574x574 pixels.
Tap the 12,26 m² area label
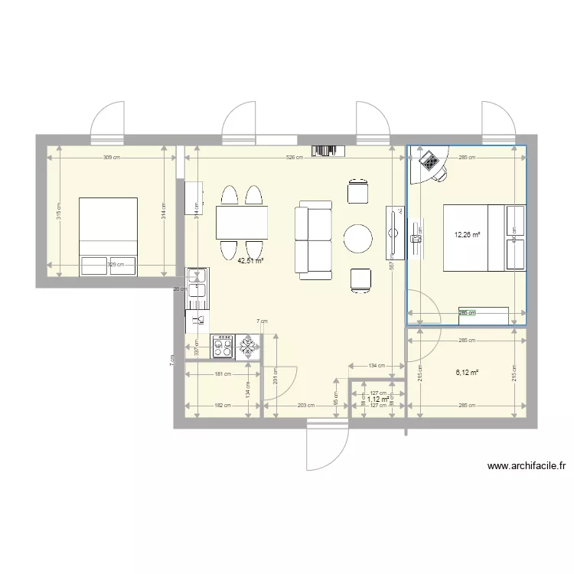pos(467,235)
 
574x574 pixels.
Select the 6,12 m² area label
pos(467,373)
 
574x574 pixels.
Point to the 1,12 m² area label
pos(378,399)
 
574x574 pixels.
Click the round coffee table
pos(358,239)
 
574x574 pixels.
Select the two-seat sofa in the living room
pos(314,240)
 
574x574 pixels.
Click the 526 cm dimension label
pos(295,158)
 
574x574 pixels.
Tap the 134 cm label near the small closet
pos(376,366)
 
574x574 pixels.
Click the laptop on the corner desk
pos(429,161)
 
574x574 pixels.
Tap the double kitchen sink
pos(197,282)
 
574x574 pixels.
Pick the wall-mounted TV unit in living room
pos(394,232)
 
